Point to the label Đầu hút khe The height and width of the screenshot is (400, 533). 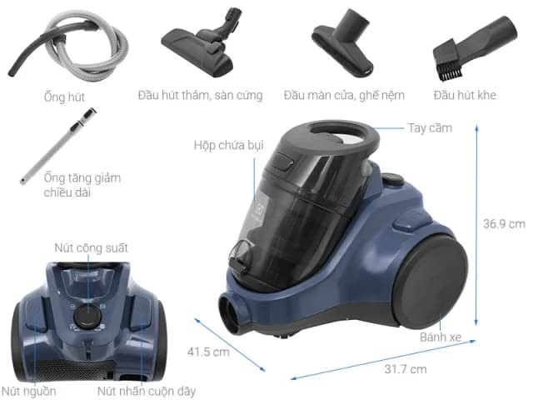(464, 95)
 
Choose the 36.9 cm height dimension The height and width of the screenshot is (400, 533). (505, 223)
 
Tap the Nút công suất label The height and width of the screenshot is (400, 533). (91, 248)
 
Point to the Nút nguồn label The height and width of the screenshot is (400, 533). (22, 389)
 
